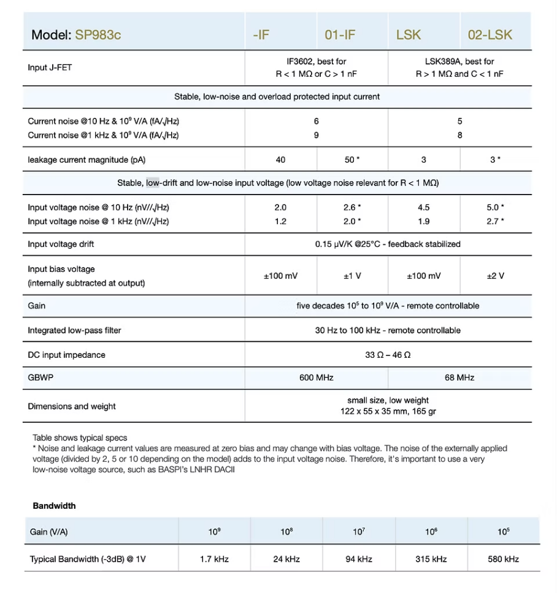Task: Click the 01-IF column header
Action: click(x=340, y=34)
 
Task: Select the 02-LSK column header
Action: click(x=490, y=34)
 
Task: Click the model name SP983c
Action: click(x=98, y=34)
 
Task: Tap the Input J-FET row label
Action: click(x=50, y=68)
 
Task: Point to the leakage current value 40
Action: click(x=280, y=160)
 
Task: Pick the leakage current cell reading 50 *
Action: click(x=352, y=160)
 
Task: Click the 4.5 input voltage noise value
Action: click(x=423, y=207)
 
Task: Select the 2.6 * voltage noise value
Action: click(x=352, y=207)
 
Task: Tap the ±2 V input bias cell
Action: click(x=495, y=276)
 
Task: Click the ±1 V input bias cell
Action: click(x=352, y=276)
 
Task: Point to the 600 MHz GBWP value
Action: click(x=316, y=378)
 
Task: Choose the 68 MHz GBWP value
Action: click(x=459, y=378)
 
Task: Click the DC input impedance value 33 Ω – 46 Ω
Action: click(x=388, y=355)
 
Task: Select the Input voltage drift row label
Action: click(x=61, y=244)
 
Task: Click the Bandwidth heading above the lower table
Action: click(x=54, y=506)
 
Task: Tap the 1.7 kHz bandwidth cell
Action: click(x=214, y=559)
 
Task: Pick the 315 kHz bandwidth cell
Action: click(x=431, y=559)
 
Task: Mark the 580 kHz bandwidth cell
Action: click(x=503, y=559)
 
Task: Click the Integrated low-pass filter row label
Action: click(x=74, y=330)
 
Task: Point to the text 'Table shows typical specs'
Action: click(x=80, y=438)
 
